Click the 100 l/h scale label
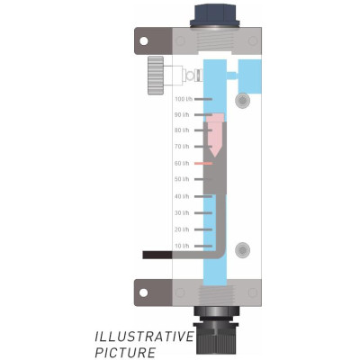[x=184, y=99]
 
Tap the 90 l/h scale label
[x=182, y=115]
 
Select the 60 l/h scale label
[x=182, y=163]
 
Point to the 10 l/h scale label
[x=182, y=246]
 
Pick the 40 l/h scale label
[x=182, y=196]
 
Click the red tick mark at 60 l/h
[x=203, y=164]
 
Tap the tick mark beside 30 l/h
[x=203, y=213]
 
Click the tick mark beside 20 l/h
[x=203, y=229]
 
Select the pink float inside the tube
[x=215, y=134]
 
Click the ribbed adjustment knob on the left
[x=156, y=76]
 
